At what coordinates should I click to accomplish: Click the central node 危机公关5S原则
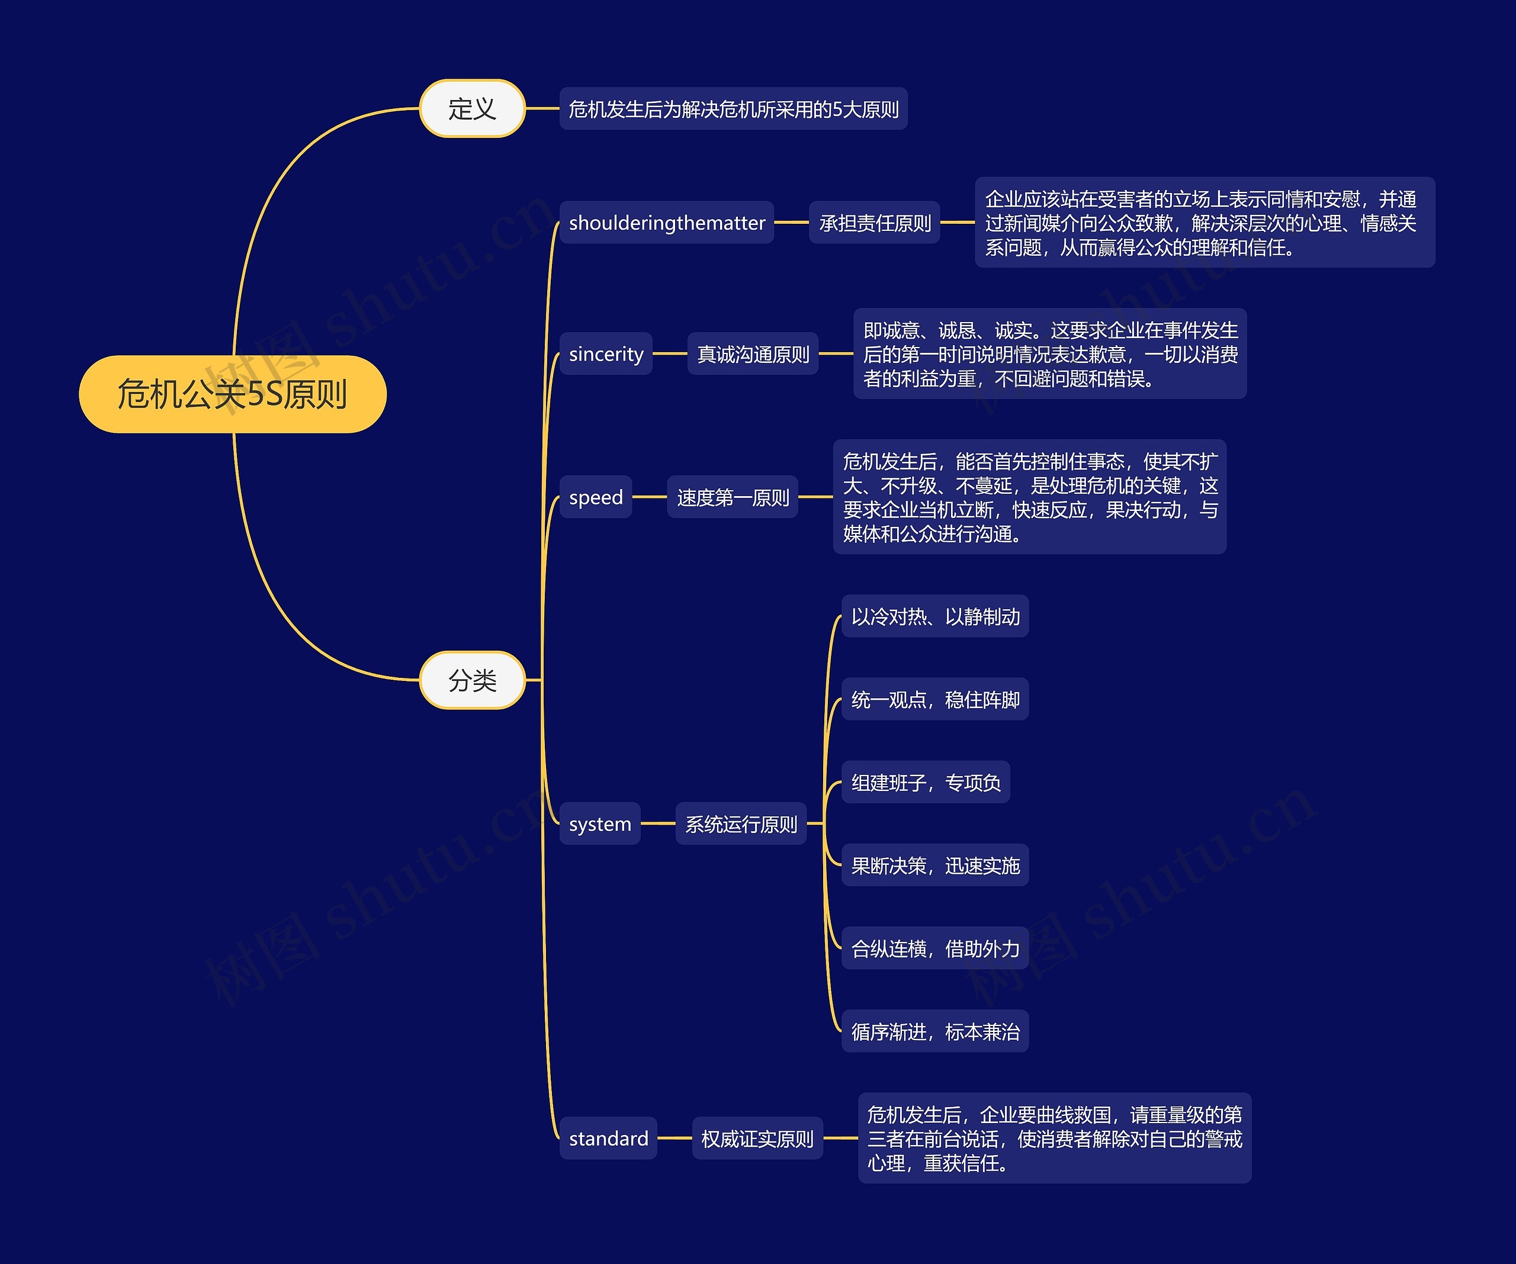233,394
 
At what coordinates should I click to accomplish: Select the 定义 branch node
472,108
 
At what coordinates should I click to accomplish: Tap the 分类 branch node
472,680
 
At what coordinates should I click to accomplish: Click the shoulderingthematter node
666,223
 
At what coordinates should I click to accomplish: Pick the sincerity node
606,353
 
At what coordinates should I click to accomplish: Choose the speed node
596,497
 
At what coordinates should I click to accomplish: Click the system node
600,824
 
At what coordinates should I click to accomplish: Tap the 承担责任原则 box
874,223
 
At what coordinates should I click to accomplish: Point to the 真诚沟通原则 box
753,353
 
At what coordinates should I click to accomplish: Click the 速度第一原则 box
733,497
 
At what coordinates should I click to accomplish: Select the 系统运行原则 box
741,824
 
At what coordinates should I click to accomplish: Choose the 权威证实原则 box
757,1138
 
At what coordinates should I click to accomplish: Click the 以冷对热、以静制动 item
935,616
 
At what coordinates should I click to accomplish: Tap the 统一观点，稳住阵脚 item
935,700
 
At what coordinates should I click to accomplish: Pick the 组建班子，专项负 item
926,783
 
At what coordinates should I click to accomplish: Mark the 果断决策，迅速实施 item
935,866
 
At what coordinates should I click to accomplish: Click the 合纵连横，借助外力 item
935,948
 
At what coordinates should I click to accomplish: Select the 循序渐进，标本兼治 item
935,1031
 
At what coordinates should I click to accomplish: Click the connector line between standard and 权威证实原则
675,1138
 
